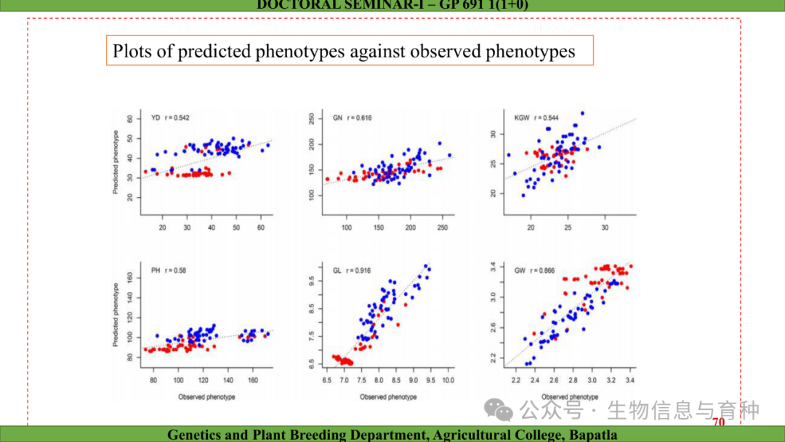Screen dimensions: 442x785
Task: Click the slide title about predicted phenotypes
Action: tap(344, 52)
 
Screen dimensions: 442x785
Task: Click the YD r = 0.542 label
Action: tap(170, 118)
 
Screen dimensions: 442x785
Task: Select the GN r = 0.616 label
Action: tap(352, 118)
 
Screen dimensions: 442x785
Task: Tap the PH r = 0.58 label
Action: tap(169, 270)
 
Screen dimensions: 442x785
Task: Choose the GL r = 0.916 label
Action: tap(352, 270)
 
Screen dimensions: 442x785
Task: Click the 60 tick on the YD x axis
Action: tap(261, 228)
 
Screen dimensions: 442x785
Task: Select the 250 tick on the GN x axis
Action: tap(442, 228)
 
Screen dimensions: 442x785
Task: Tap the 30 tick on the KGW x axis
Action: tap(605, 228)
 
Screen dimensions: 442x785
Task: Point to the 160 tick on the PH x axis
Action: tap(253, 380)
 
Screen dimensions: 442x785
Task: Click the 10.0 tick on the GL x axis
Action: tap(448, 380)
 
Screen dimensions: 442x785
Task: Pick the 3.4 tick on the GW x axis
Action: tap(629, 380)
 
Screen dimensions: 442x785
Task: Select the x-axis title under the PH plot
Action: tap(206, 397)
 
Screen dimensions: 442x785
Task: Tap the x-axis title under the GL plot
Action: tap(388, 397)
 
